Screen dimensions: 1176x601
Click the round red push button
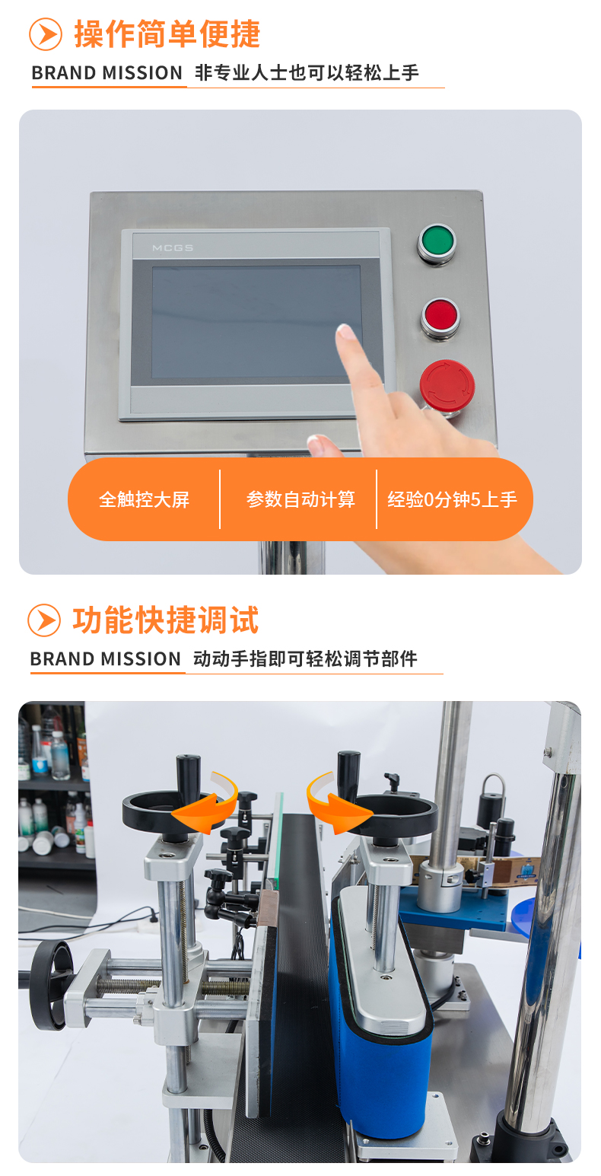coord(440,316)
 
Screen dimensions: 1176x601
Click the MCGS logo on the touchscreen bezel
coord(172,248)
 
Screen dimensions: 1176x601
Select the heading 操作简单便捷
coord(167,34)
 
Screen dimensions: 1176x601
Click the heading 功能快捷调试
coord(166,620)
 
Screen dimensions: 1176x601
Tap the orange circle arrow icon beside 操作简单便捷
coord(46,34)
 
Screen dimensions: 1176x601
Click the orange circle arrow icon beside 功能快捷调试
coord(44,620)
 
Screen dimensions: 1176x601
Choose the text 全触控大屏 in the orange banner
coord(145,499)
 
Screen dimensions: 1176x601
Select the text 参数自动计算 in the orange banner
coord(300,499)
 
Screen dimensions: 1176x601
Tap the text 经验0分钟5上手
coord(453,499)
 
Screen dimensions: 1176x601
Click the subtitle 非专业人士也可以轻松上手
coord(307,73)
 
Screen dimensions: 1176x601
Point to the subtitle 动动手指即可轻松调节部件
coord(305,659)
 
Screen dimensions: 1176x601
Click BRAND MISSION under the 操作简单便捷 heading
coord(107,73)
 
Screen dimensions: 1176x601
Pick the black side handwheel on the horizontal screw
coord(49,985)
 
